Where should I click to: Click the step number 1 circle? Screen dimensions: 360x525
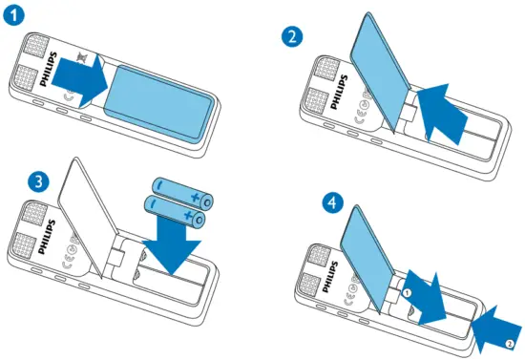tap(15, 16)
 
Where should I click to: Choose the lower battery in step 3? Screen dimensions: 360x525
tap(176, 211)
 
